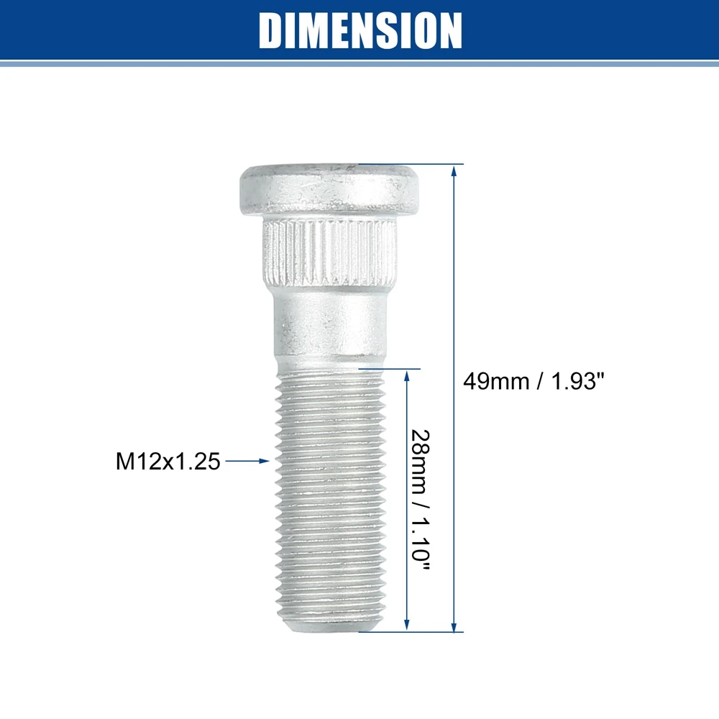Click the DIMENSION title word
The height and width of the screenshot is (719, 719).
click(x=359, y=31)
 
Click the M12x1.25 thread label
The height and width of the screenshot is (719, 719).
click(x=168, y=462)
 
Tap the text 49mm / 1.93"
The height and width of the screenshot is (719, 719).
click(x=534, y=381)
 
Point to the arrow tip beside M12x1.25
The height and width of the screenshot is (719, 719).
click(x=269, y=462)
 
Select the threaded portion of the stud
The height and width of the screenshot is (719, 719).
click(x=329, y=496)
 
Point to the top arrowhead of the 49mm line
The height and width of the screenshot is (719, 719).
click(x=454, y=170)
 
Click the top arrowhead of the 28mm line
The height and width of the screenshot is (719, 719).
click(x=408, y=374)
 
